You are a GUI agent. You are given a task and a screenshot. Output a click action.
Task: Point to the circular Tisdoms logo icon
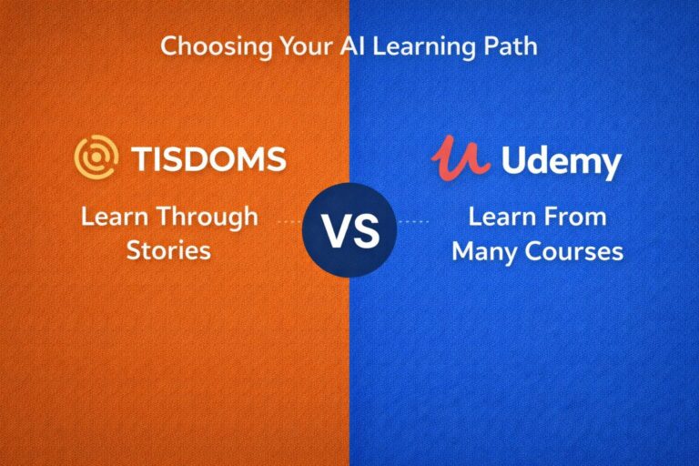click(x=96, y=158)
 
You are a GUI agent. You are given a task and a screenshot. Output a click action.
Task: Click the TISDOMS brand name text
click(x=208, y=160)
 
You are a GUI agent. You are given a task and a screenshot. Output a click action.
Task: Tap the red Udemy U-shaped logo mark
click(x=461, y=157)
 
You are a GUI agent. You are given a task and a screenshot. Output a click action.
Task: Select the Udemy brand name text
click(x=561, y=164)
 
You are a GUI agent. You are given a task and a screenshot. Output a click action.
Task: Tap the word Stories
click(x=168, y=249)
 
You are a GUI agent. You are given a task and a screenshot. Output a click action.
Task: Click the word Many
click(x=483, y=250)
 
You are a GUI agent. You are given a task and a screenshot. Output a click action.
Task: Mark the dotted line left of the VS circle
click(x=289, y=221)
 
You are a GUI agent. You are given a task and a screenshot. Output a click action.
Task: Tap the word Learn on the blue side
click(x=501, y=218)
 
